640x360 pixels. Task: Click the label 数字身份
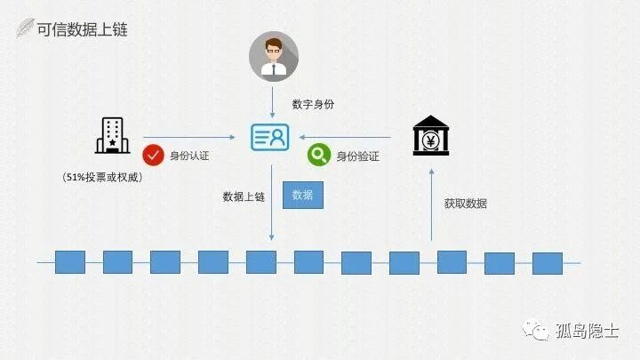tap(313, 104)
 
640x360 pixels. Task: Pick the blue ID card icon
tap(271, 138)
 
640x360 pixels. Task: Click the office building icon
tap(112, 136)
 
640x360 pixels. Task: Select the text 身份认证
tap(190, 156)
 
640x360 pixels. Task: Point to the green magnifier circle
tap(317, 155)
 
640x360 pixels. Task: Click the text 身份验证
tap(357, 156)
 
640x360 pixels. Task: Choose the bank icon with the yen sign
tap(431, 137)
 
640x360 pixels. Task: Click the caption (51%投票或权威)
tap(103, 177)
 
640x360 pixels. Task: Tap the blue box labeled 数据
tap(302, 196)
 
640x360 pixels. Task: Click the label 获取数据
tap(466, 204)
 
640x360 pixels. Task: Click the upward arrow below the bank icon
tap(431, 204)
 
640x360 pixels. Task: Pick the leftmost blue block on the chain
tap(70, 261)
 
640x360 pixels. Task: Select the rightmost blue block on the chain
tap(547, 263)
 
